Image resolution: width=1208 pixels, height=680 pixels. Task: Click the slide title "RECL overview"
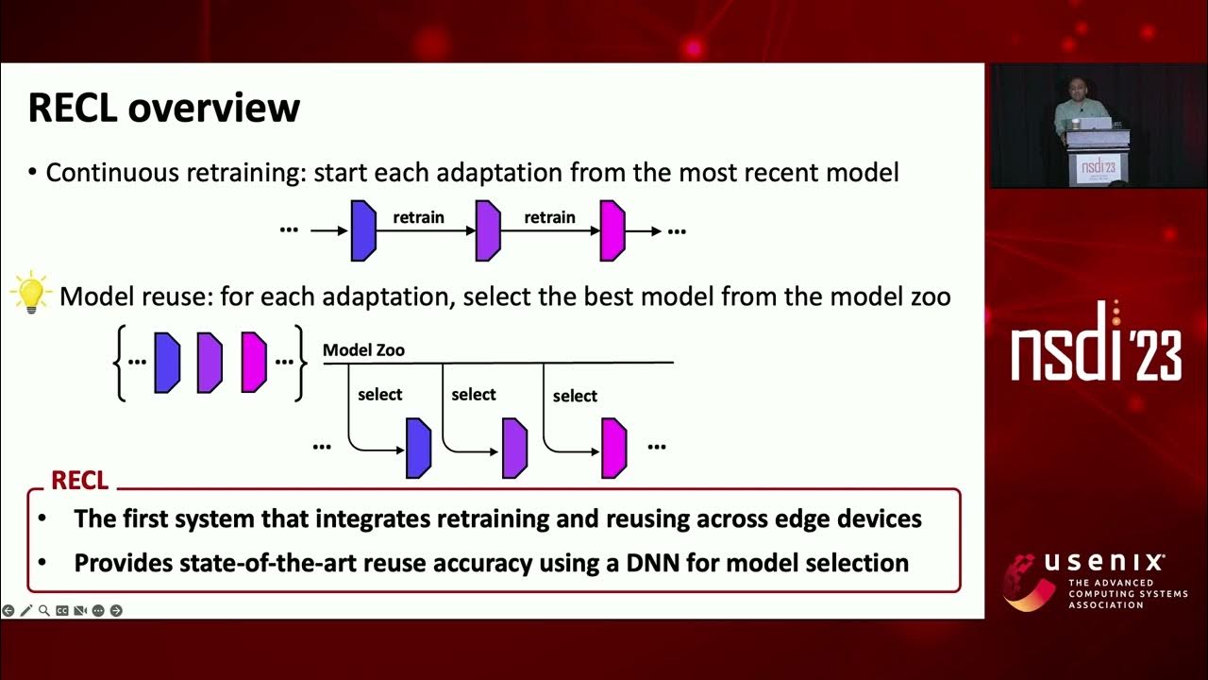pos(163,108)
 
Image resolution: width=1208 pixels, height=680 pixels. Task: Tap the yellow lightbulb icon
pos(30,292)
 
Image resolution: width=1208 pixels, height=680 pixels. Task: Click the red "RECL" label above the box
pos(79,480)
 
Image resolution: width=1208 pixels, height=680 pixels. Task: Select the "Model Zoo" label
pos(363,350)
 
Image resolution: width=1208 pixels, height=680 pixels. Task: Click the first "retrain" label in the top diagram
pos(418,217)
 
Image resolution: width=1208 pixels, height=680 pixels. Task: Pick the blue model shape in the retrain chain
pos(363,230)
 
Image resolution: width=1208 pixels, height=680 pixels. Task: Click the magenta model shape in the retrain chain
pos(612,230)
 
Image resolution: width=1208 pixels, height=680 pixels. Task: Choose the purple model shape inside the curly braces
pos(210,362)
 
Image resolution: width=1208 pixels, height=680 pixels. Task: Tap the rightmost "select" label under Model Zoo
pos(575,396)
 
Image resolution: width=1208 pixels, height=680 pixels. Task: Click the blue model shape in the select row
pos(418,448)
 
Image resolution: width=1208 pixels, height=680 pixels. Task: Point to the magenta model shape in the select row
pos(614,448)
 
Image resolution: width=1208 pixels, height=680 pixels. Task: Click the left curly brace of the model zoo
pos(121,363)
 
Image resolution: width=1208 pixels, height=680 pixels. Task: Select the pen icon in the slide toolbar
pos(25,611)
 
